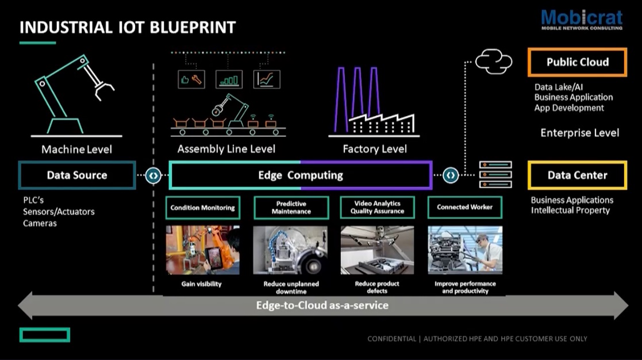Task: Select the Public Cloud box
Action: [x=577, y=62]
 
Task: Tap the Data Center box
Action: [x=577, y=175]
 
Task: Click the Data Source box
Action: [x=77, y=175]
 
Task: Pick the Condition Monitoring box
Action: [x=202, y=208]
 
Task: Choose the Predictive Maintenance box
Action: [x=291, y=208]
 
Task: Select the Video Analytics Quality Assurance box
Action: [x=377, y=208]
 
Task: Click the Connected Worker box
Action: [x=464, y=208]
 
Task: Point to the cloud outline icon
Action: [x=494, y=62]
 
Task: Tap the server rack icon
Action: [x=495, y=175]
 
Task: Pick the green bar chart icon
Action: [x=229, y=80]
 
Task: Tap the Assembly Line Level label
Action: [x=226, y=149]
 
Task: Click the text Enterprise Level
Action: [x=579, y=133]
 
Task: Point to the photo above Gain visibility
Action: [x=202, y=250]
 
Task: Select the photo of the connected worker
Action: [x=464, y=250]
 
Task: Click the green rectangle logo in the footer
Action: [x=45, y=335]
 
